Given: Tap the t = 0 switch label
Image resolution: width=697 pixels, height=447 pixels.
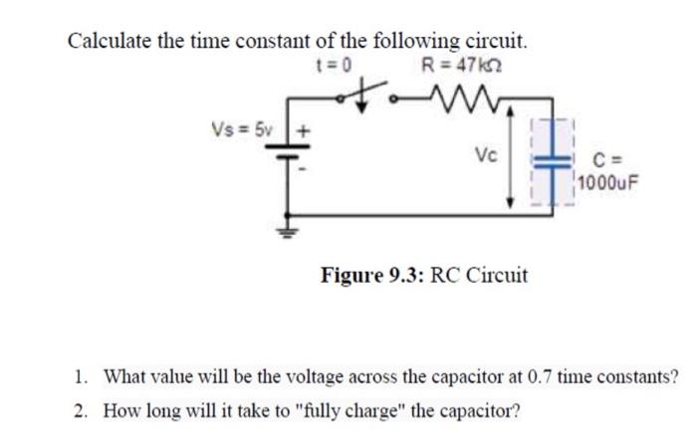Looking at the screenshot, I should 326,68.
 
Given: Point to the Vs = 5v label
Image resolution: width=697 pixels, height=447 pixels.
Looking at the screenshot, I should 235,130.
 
